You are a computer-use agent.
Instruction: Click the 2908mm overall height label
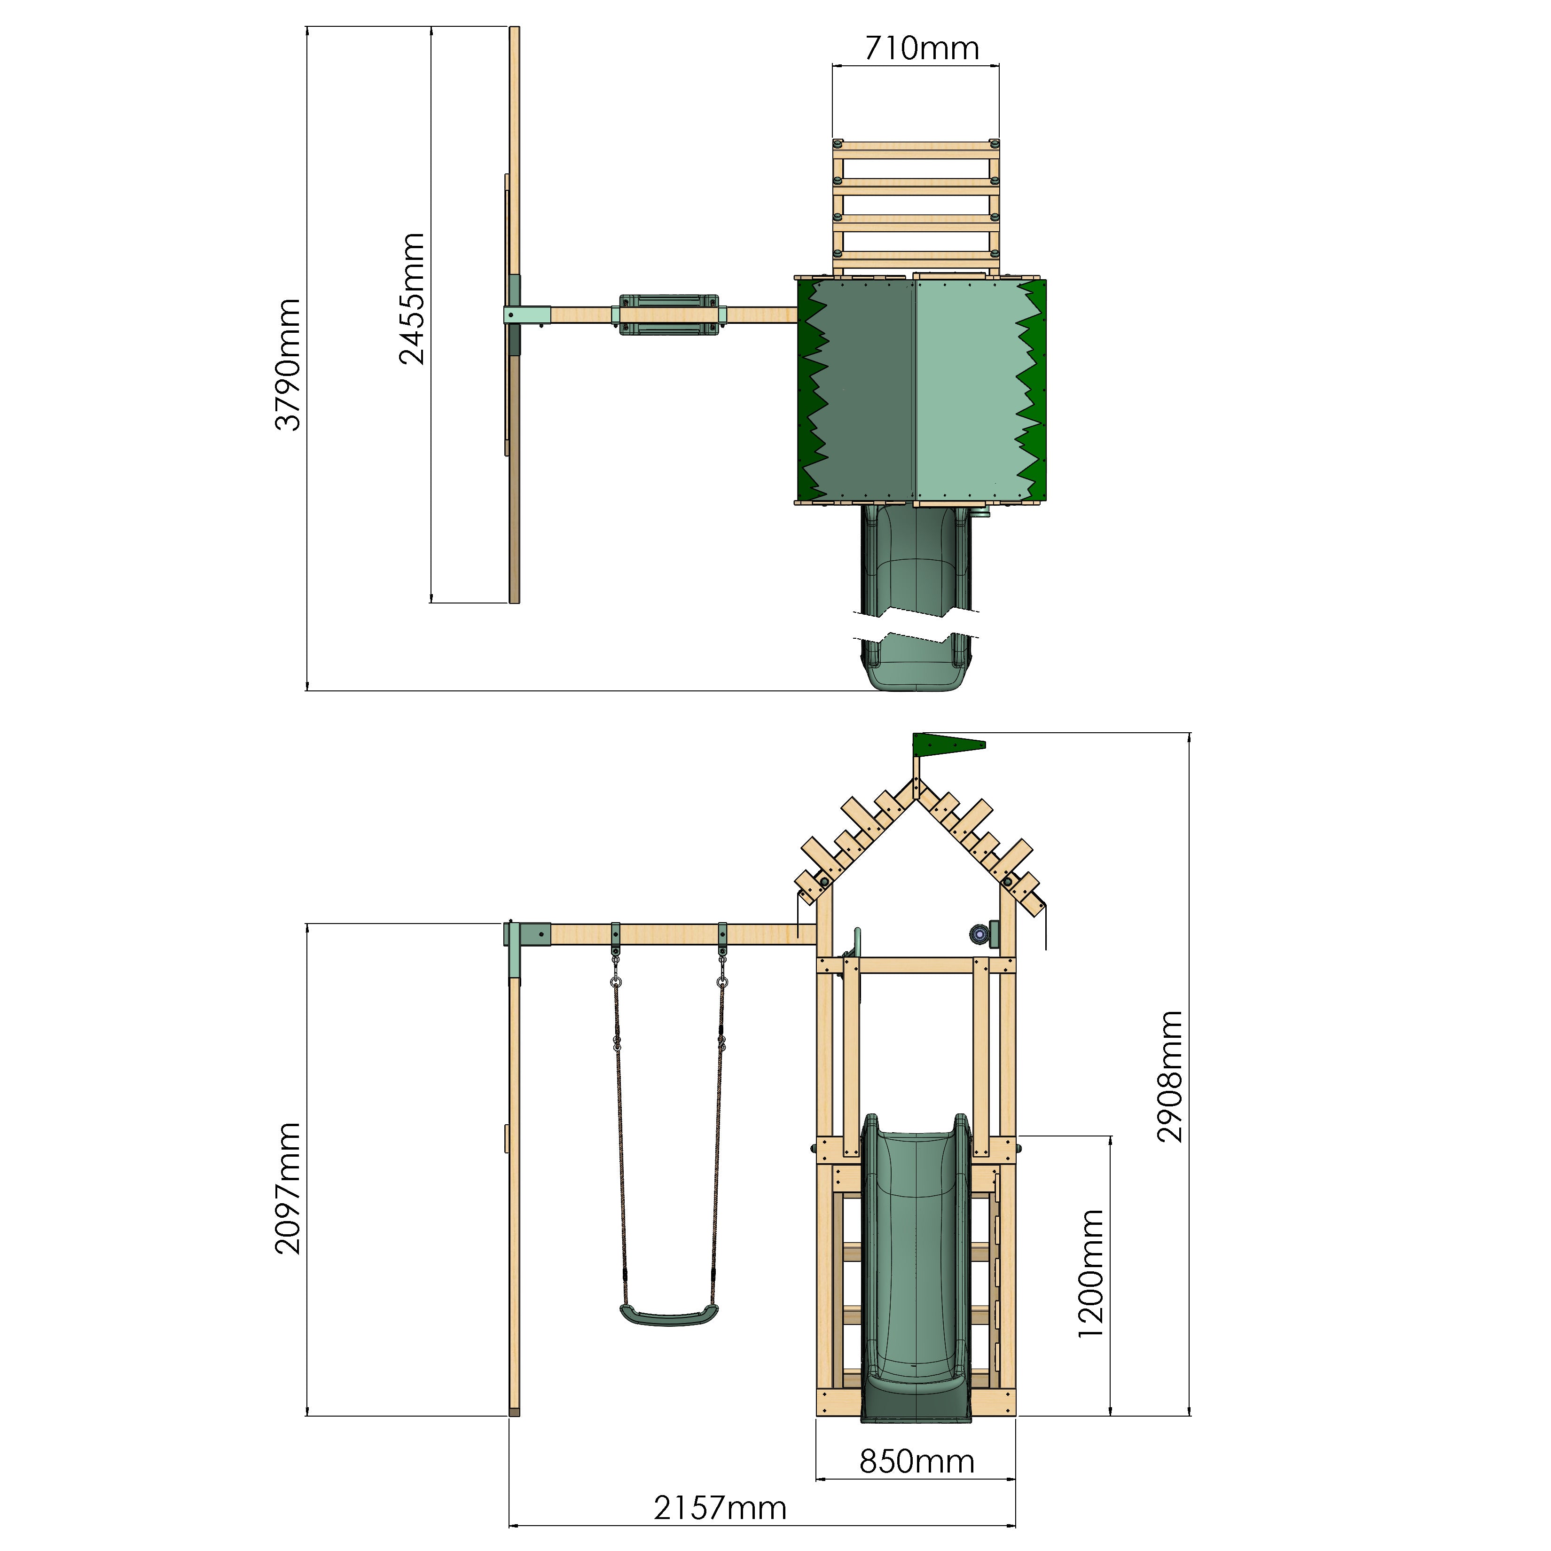pyautogui.click(x=1170, y=1077)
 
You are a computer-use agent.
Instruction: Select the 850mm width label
pyautogui.click(x=917, y=1462)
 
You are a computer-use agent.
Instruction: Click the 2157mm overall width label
pyautogui.click(x=720, y=1508)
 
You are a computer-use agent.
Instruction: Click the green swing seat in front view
pyautogui.click(x=669, y=1316)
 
